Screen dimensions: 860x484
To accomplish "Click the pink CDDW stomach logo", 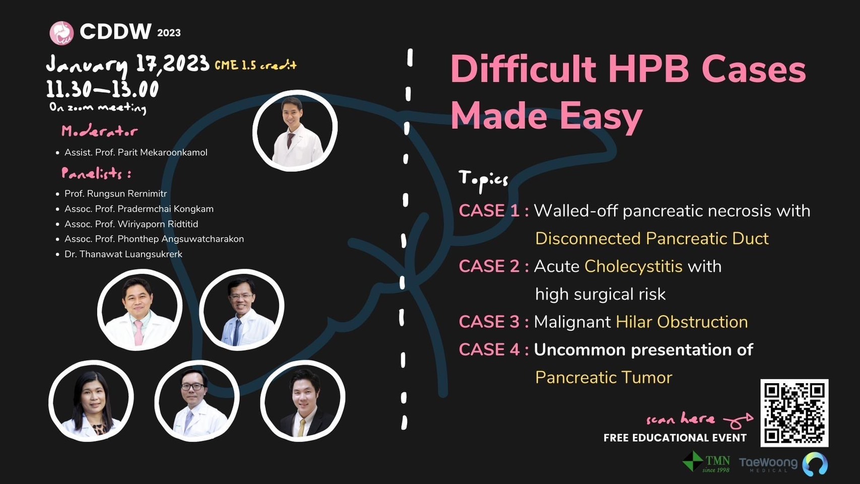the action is (x=61, y=33).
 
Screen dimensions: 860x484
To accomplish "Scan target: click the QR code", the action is (x=795, y=413).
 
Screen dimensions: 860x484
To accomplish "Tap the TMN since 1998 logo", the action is (x=706, y=462).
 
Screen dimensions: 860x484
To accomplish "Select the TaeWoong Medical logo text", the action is (x=768, y=464).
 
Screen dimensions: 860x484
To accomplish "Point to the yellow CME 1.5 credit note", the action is (x=255, y=66).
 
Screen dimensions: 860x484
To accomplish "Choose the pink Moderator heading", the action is (x=99, y=132).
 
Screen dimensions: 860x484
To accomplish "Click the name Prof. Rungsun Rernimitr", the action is (x=115, y=194).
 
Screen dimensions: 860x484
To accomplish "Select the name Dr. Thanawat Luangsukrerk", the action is (x=123, y=254).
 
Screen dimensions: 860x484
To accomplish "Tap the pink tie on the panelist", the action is (x=138, y=333).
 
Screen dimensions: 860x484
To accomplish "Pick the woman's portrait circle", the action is (x=91, y=401).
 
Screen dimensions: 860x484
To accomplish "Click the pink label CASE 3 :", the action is (x=493, y=322).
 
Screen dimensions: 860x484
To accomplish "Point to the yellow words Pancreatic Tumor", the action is (x=604, y=378).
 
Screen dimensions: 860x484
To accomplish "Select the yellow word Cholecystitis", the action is (x=633, y=267).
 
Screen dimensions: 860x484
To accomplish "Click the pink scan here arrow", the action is (x=738, y=421).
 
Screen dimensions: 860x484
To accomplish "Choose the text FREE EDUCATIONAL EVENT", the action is (x=675, y=438).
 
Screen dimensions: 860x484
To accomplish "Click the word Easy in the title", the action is (x=601, y=117).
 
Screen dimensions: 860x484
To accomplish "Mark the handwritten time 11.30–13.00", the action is (x=102, y=89).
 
